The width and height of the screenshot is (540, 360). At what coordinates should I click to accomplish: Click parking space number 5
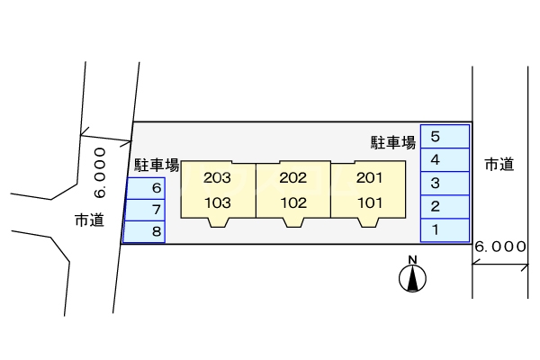[445, 137]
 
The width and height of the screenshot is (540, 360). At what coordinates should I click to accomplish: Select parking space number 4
[445, 160]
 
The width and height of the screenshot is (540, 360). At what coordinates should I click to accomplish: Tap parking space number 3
[445, 184]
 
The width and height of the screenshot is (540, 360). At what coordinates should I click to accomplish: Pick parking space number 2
[445, 207]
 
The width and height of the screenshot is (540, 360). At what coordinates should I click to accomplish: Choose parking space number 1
[445, 230]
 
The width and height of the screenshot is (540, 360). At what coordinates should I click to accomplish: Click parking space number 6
[145, 189]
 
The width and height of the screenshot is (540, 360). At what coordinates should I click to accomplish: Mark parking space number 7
[145, 210]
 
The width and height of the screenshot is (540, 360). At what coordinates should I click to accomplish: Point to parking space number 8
[145, 231]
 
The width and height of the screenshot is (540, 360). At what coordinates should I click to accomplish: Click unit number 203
[218, 177]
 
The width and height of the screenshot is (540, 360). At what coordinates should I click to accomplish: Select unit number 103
[218, 202]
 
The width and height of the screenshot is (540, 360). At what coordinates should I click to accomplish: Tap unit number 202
[293, 177]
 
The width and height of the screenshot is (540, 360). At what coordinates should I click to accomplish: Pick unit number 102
[293, 202]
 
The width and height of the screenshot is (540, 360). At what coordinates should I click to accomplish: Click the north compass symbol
[412, 277]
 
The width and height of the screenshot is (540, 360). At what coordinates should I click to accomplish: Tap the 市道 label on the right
[499, 164]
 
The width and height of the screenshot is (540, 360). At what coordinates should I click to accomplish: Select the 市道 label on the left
[88, 219]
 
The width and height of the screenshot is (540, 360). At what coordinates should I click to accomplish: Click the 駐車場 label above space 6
[157, 166]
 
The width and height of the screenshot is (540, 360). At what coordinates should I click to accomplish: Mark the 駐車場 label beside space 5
[393, 141]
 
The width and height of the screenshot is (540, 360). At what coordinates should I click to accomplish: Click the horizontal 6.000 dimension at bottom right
[499, 246]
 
